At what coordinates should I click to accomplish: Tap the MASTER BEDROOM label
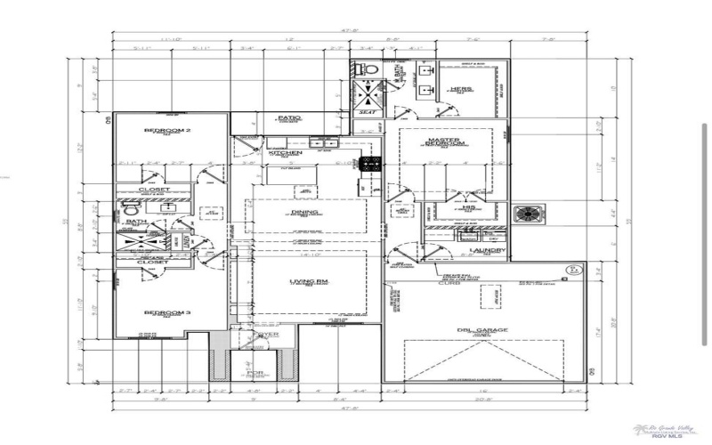coord(442,143)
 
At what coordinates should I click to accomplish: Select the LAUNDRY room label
coord(489,250)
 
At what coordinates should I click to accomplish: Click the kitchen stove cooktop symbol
coord(369,163)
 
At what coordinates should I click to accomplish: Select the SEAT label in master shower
coord(365,112)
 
